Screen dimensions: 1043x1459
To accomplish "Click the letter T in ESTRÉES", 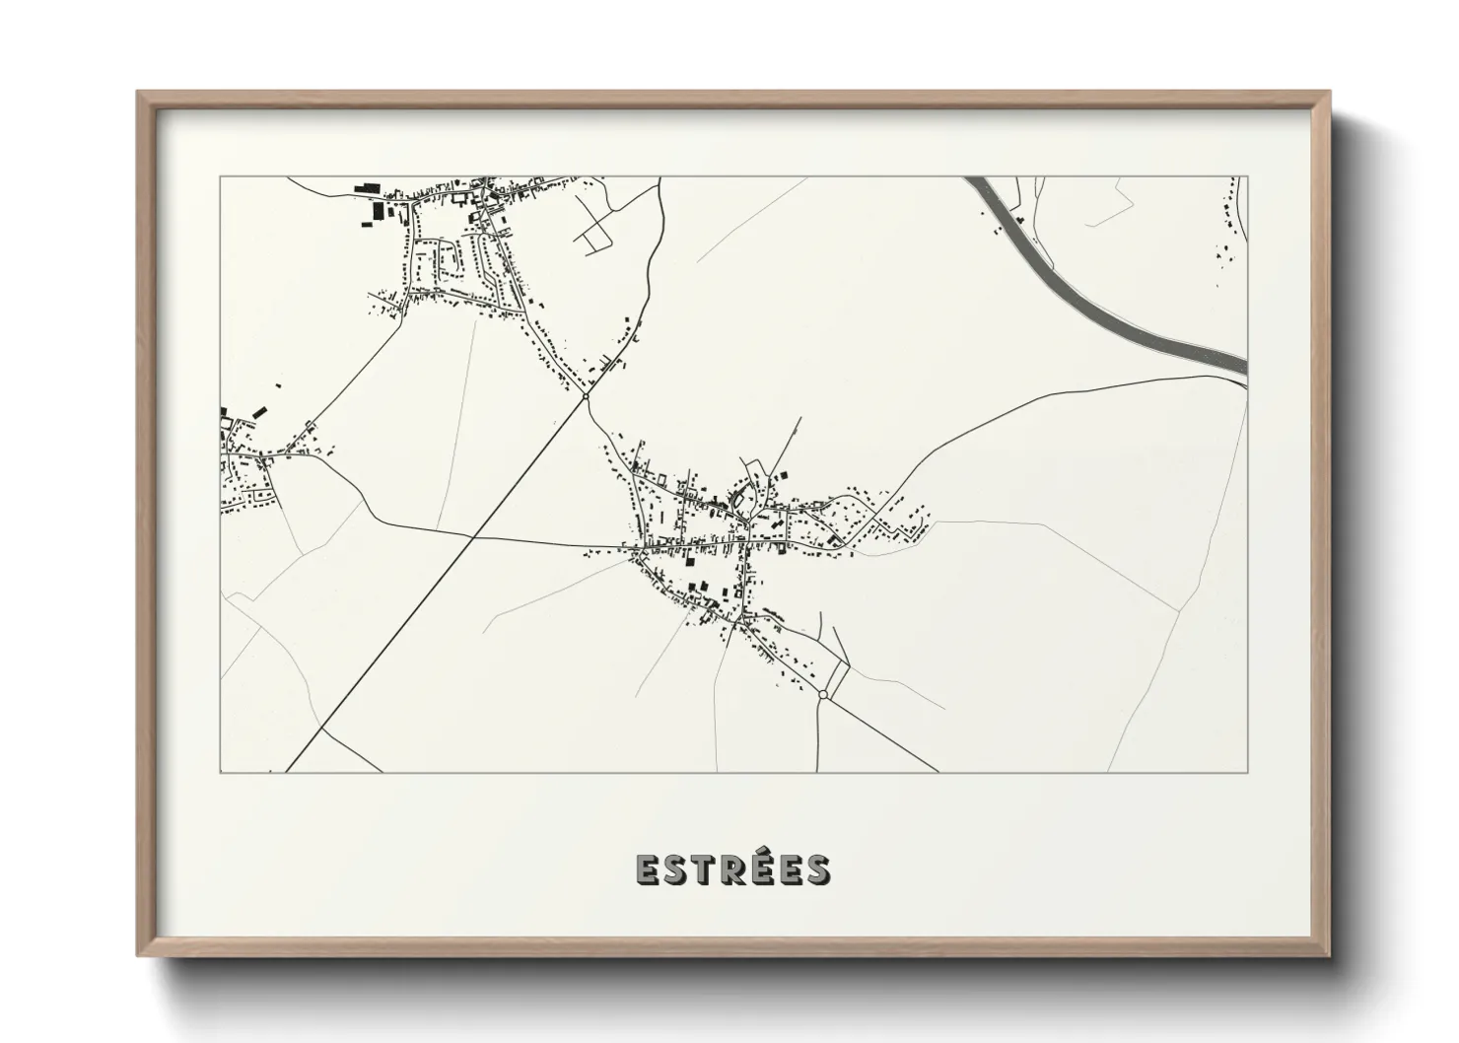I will (x=699, y=869).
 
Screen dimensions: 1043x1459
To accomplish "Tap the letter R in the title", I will (x=730, y=869).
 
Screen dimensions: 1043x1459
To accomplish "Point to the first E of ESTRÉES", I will (x=646, y=869).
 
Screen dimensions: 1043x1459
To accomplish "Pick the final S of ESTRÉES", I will (x=817, y=869).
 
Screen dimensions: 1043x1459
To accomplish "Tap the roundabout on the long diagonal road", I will (x=586, y=396).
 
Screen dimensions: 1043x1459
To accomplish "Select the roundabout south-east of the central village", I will (x=822, y=694).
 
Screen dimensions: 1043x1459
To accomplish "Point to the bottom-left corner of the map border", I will (x=221, y=772).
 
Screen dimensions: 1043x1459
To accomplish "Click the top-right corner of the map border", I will (x=1247, y=177).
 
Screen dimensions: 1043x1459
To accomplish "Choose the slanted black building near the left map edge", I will (x=260, y=411).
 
